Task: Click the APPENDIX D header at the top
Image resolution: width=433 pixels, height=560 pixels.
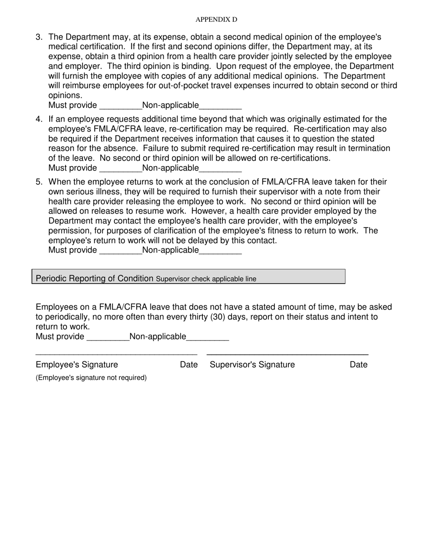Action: pyautogui.click(x=216, y=20)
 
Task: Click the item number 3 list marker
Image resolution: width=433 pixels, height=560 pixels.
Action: pyautogui.click(x=39, y=37)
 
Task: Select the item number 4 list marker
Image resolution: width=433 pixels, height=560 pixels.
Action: pyautogui.click(x=39, y=119)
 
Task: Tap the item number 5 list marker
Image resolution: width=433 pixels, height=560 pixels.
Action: pyautogui.click(x=39, y=182)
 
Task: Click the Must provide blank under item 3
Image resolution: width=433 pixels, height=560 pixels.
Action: pyautogui.click(x=120, y=106)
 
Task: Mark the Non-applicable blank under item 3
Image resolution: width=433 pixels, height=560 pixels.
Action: pyautogui.click(x=220, y=106)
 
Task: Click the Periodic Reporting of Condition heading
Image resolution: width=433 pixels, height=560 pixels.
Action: pyautogui.click(x=94, y=278)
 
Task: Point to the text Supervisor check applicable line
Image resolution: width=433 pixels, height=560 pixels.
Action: pyautogui.click(x=206, y=279)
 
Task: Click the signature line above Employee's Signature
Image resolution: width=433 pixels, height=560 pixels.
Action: pyautogui.click(x=116, y=354)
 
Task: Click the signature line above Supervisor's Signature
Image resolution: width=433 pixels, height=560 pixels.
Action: pyautogui.click(x=287, y=354)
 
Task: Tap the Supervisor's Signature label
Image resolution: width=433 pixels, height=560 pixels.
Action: pyautogui.click(x=252, y=365)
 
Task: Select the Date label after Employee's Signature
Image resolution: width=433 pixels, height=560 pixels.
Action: pyautogui.click(x=189, y=365)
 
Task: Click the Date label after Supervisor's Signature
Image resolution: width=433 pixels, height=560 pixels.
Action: pyautogui.click(x=358, y=365)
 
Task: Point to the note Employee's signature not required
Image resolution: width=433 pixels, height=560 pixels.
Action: pyautogui.click(x=91, y=377)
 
